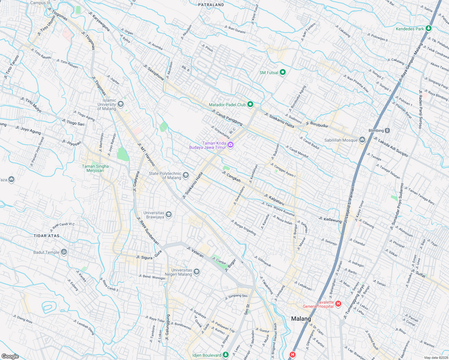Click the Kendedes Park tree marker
[x=429, y=28]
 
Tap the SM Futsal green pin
[x=282, y=72]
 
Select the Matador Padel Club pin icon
[x=250, y=104]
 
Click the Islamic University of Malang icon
[x=121, y=104]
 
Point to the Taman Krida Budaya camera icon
[x=231, y=145]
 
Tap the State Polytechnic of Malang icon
[x=186, y=175]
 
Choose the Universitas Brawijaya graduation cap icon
[x=169, y=214]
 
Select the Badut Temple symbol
[x=64, y=252]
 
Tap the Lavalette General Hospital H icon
[x=338, y=304]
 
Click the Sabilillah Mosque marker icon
[x=362, y=140]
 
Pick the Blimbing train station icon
[x=387, y=130]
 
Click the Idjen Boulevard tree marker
[x=226, y=355]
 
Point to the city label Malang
[x=301, y=319]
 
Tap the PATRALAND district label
[x=211, y=5]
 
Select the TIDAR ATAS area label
[x=47, y=236]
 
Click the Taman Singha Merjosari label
[x=95, y=168]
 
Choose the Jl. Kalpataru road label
[x=274, y=199]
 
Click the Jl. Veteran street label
[x=195, y=252]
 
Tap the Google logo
[x=10, y=356]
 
